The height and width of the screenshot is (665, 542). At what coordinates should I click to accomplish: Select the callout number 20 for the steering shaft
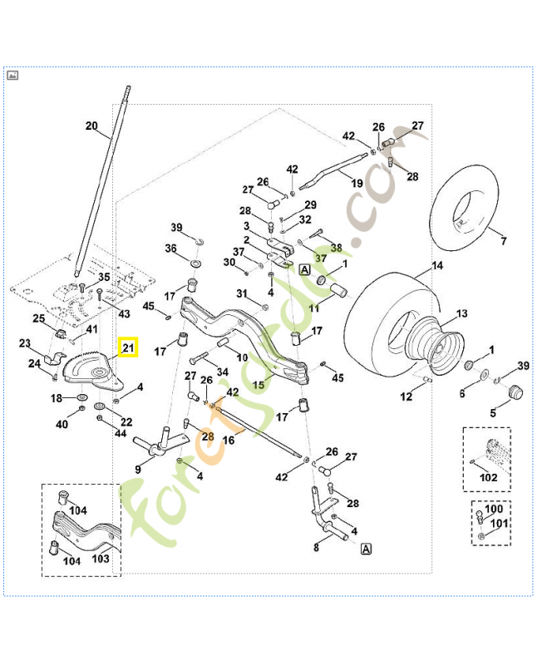(91, 126)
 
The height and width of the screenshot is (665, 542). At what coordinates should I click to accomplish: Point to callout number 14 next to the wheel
(438, 268)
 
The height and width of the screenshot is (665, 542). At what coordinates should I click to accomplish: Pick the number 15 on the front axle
(259, 385)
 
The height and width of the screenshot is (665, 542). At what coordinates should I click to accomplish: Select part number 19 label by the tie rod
(357, 183)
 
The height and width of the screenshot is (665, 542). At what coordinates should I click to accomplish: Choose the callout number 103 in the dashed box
(101, 559)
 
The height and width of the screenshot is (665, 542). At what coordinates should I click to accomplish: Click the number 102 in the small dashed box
(489, 477)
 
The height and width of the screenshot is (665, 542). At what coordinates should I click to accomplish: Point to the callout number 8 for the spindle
(316, 548)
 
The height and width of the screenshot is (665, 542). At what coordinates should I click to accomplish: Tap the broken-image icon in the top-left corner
(12, 75)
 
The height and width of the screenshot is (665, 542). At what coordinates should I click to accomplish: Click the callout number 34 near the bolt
(222, 372)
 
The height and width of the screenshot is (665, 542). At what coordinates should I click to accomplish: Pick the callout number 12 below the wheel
(406, 397)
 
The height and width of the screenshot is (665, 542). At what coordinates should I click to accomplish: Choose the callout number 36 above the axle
(170, 249)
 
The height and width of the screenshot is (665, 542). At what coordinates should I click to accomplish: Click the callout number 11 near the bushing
(314, 308)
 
